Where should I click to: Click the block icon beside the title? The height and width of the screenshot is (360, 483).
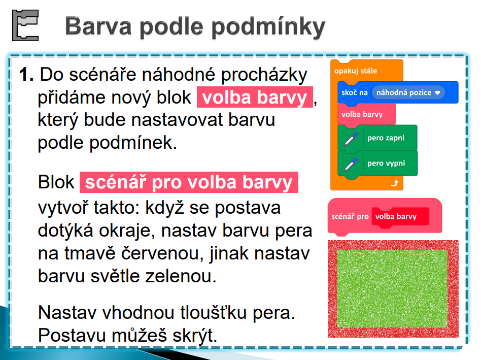[25, 25]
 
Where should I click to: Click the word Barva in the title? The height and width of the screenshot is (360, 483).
[98, 26]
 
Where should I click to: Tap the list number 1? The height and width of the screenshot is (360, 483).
[26, 75]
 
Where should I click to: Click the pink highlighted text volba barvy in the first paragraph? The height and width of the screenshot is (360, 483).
[255, 97]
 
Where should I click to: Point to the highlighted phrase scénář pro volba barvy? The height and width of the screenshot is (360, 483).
[189, 182]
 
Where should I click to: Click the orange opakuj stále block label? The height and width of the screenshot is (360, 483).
[356, 71]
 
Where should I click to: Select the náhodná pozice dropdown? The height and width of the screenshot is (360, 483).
[408, 92]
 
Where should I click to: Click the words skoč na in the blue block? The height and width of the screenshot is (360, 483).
[355, 92]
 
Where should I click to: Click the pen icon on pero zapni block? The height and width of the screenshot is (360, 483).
[351, 139]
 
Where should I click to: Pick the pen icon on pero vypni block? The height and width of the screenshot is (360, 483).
[351, 165]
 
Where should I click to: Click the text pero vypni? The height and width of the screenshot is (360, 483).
[386, 163]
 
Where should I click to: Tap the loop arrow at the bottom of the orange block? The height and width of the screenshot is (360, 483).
[395, 183]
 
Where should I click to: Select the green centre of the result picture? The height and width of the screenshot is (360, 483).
[393, 288]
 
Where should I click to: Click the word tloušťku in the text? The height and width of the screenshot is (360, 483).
[214, 313]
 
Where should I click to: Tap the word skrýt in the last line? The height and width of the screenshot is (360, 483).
[195, 335]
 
